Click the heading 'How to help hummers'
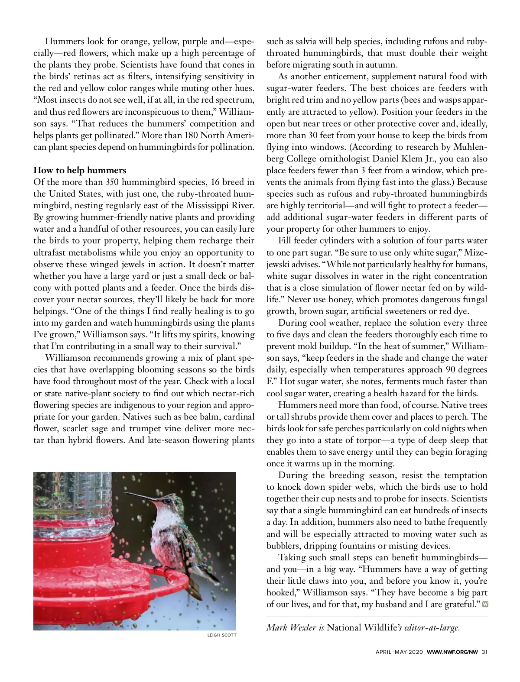click(80, 170)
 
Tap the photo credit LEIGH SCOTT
click(222, 635)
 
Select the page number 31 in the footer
click(484, 652)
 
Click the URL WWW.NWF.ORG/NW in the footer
click(452, 652)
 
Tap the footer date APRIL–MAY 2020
click(399, 652)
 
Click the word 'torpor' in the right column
click(355, 440)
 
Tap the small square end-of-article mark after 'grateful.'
click(485, 604)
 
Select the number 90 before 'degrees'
click(451, 370)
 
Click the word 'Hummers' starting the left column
click(65, 42)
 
